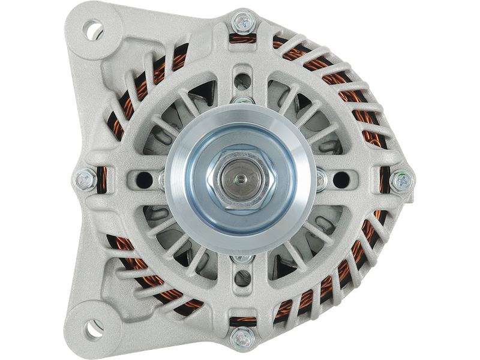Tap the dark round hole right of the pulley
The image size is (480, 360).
(x=340, y=178)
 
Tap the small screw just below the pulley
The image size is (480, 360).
(x=241, y=258)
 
